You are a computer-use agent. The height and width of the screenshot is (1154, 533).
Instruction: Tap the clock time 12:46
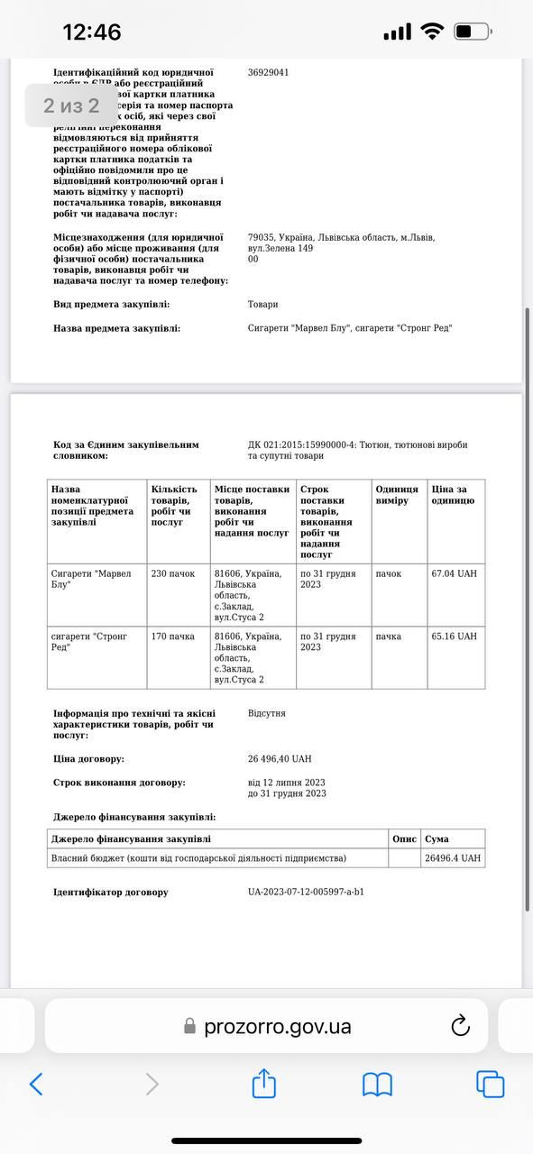coord(91,32)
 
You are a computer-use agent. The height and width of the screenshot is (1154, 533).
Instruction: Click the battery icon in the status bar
coord(472,32)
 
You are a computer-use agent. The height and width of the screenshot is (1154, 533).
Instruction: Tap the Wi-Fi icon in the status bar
coord(433,32)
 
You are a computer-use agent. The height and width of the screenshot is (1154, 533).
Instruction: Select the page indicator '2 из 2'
coord(71,105)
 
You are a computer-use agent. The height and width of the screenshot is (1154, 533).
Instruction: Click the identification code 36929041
coord(269,72)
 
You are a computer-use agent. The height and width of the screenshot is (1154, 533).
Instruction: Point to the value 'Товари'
coord(263,305)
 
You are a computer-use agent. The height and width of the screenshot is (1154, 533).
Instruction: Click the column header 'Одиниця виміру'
coord(397,495)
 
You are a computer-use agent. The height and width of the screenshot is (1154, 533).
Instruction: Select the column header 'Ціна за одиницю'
coord(453,495)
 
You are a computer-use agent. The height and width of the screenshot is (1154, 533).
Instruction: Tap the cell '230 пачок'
coord(173,573)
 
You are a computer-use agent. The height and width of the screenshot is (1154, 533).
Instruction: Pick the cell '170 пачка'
coord(173,637)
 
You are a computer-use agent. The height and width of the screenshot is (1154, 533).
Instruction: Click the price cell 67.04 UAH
coord(455,573)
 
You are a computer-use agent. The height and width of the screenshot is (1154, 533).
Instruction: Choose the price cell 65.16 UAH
coord(455,637)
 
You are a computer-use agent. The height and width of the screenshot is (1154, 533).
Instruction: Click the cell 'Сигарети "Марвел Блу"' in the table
coord(91,579)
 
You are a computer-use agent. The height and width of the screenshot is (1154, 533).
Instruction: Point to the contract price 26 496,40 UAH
coord(280,759)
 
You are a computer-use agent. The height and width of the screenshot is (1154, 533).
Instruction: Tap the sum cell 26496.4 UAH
coord(453,858)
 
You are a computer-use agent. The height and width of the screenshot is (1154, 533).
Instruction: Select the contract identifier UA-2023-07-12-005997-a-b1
coord(307,893)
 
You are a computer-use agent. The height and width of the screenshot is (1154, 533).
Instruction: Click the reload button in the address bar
coord(460,1025)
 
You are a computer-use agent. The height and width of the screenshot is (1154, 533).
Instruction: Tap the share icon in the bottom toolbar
coord(263,1083)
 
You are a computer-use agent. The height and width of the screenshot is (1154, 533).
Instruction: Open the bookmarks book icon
coord(377,1084)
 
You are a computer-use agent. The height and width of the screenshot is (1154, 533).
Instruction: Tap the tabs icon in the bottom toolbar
coord(490,1084)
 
